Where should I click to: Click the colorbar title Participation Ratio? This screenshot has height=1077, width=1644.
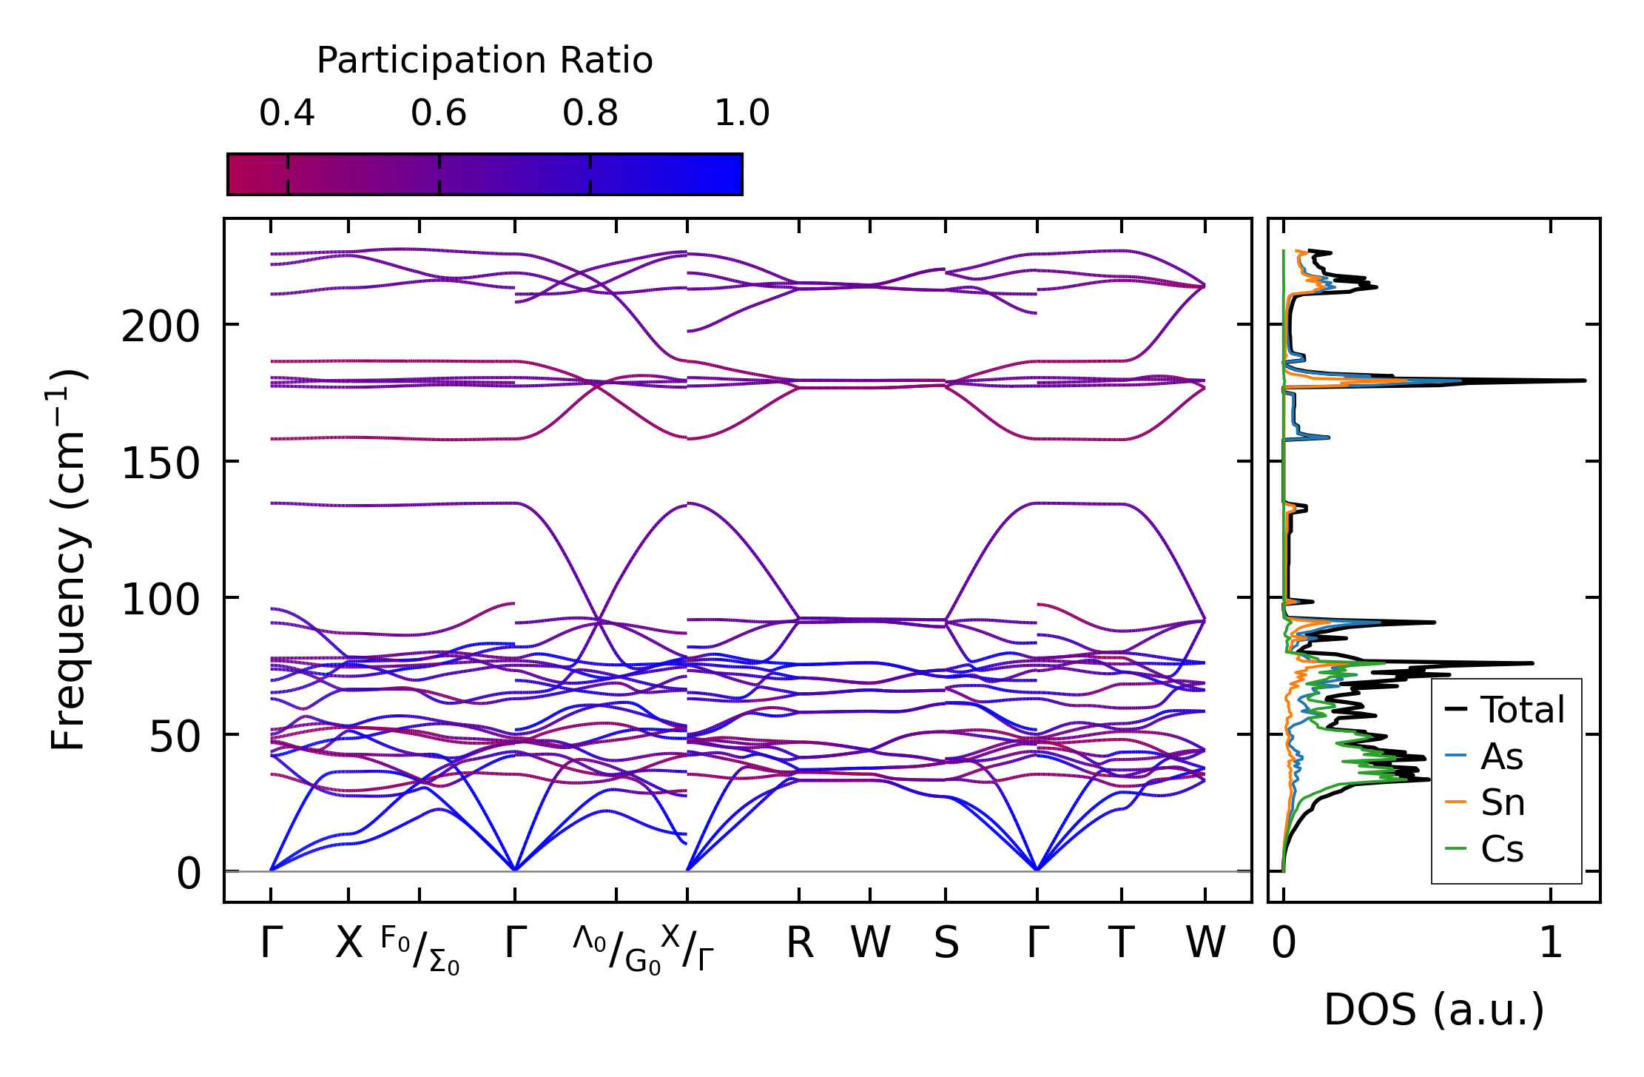click(x=485, y=61)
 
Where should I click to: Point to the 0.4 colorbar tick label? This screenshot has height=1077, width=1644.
click(x=287, y=113)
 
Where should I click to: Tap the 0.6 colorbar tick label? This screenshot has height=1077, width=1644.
click(x=439, y=113)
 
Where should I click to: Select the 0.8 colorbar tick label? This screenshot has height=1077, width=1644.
click(x=590, y=113)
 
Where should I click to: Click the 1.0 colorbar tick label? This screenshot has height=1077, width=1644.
click(x=742, y=113)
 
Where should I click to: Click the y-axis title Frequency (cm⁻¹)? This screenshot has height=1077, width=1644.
click(x=69, y=560)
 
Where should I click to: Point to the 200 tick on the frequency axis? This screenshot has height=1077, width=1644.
click(x=161, y=326)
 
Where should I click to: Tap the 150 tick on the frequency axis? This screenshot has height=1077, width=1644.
click(x=161, y=463)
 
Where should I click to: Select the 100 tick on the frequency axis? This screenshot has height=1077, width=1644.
click(x=161, y=600)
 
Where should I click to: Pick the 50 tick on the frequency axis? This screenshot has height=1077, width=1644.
click(x=175, y=737)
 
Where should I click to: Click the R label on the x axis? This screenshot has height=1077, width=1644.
click(x=799, y=944)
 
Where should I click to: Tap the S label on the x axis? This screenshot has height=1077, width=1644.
click(x=946, y=944)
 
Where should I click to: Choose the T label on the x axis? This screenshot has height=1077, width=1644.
click(x=1122, y=944)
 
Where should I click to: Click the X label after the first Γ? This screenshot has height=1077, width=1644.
click(x=349, y=944)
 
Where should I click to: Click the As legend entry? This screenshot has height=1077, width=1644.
click(x=1501, y=756)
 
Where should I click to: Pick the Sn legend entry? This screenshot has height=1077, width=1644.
click(x=1503, y=802)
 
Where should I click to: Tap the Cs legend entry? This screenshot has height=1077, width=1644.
click(x=1502, y=849)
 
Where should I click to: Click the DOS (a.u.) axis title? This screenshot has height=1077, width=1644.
click(x=1434, y=1010)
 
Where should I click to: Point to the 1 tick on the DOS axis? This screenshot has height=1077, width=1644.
click(x=1551, y=944)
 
